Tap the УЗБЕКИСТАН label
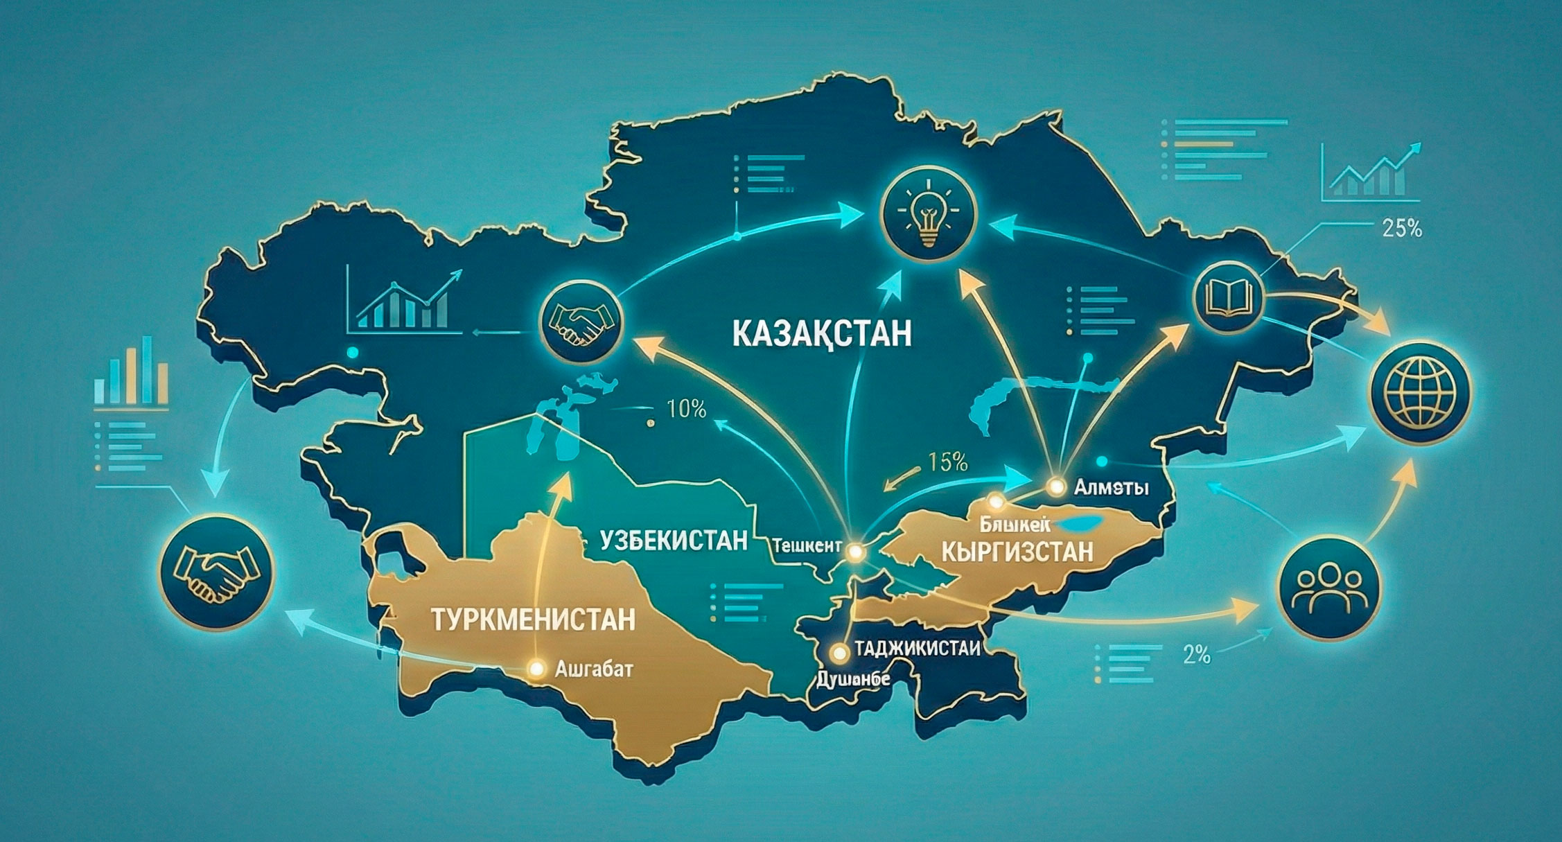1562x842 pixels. coord(674,540)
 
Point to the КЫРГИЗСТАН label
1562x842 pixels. coord(1018,552)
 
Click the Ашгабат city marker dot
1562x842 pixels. coord(536,668)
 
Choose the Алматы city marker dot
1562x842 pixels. coord(1057,486)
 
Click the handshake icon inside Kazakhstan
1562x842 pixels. coord(581,323)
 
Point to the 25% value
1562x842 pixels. coord(1401,228)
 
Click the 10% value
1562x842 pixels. coord(686,410)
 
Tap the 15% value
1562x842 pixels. coord(947,462)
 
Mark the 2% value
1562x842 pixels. coord(1196,654)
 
